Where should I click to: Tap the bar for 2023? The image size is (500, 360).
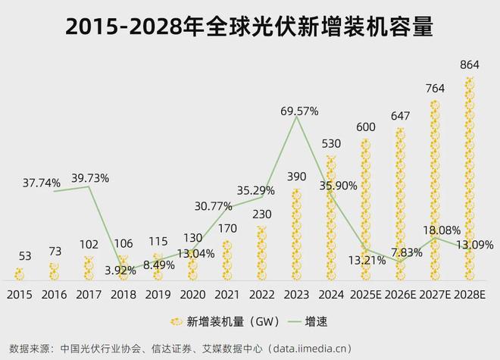[x=297, y=235]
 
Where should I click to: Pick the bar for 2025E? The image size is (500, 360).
[x=366, y=208]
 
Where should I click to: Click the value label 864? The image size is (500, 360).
[x=470, y=66]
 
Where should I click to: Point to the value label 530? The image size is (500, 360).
[x=332, y=144]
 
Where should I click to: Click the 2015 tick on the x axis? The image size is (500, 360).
[x=19, y=294]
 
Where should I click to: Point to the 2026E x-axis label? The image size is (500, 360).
[x=401, y=294]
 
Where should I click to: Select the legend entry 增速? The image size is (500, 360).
[x=317, y=320]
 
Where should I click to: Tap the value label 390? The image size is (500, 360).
[x=297, y=177]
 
